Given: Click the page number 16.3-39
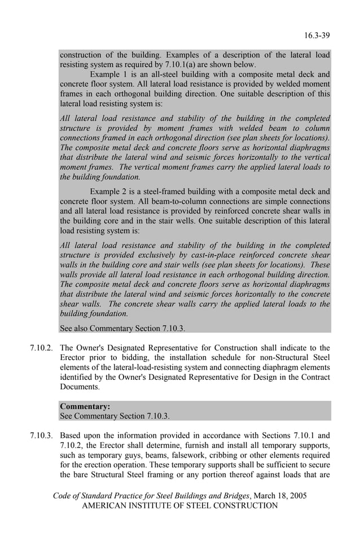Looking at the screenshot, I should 317,36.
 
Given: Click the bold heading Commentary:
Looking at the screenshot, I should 85,406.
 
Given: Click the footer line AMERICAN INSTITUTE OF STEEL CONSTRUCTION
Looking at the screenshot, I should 180,506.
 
